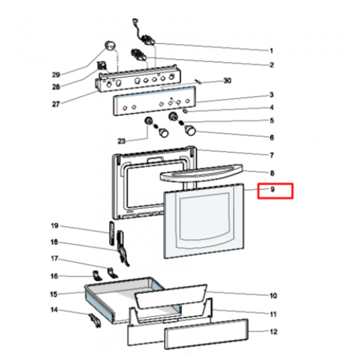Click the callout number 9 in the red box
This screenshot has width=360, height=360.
272,189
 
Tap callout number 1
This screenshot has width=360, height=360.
271,51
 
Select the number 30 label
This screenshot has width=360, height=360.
228,81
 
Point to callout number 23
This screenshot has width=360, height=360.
122,141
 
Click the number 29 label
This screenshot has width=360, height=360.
56,75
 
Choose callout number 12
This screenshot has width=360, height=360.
274,332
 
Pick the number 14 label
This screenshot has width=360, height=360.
54,310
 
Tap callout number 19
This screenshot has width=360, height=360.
55,225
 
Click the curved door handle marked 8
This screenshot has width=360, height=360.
201,173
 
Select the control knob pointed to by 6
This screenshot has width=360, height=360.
190,130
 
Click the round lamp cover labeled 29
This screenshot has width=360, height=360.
109,46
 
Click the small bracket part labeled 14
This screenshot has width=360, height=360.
95,320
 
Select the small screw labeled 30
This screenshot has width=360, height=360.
199,81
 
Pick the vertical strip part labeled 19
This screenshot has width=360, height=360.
112,233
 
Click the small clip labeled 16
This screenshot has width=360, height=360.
97,276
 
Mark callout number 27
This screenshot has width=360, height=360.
56,104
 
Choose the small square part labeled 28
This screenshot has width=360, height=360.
102,66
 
